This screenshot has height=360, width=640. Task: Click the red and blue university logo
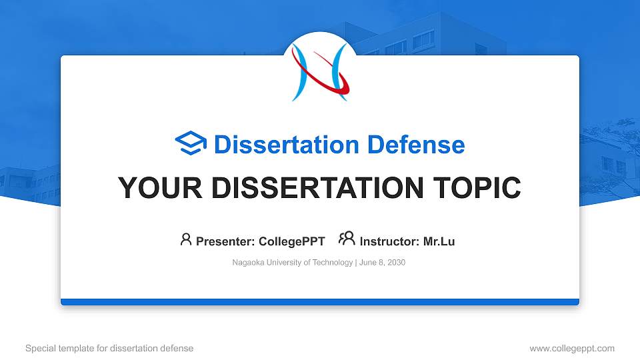pyautogui.click(x=321, y=72)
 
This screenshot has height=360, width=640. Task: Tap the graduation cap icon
pyautogui.click(x=191, y=143)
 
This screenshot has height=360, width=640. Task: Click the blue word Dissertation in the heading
pyautogui.click(x=287, y=145)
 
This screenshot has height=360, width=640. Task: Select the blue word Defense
pyautogui.click(x=416, y=145)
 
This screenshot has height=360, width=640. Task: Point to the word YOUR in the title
pyautogui.click(x=160, y=188)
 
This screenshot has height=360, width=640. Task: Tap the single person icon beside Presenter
pyautogui.click(x=186, y=239)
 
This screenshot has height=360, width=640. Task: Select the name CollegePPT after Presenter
pyautogui.click(x=292, y=241)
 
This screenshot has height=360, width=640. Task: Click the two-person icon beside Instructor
pyautogui.click(x=347, y=239)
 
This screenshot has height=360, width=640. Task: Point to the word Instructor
pyautogui.click(x=389, y=241)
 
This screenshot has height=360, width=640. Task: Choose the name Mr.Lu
pyautogui.click(x=439, y=241)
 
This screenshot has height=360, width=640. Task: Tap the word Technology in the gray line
pyautogui.click(x=332, y=263)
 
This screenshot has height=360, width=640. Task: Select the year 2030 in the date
pyautogui.click(x=396, y=263)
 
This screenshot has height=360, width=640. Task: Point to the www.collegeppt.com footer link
pyautogui.click(x=572, y=349)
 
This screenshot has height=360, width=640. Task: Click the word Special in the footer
pyautogui.click(x=41, y=349)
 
